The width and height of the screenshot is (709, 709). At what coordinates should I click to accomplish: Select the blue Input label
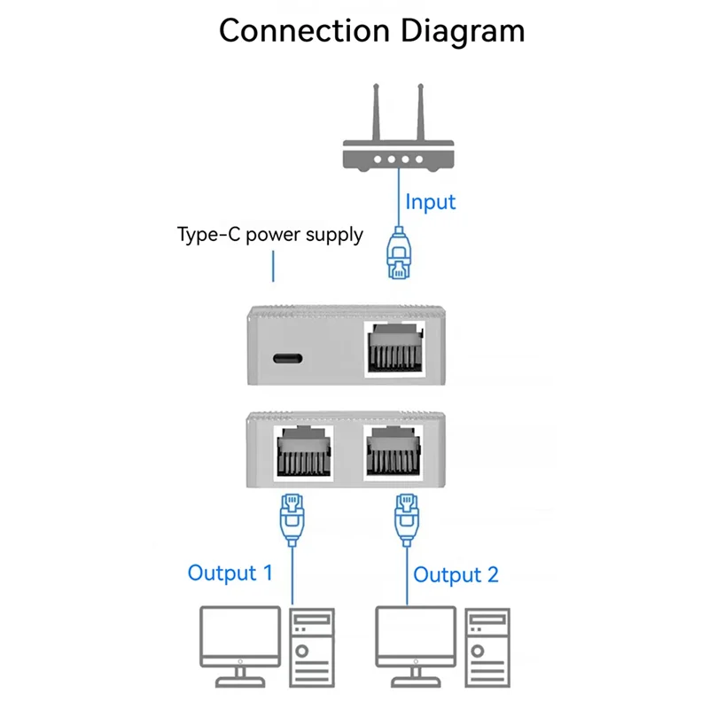pyautogui.click(x=431, y=201)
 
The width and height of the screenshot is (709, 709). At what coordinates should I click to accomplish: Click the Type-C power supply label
pyautogui.click(x=270, y=235)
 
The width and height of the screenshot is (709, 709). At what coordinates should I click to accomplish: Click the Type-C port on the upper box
pyautogui.click(x=288, y=358)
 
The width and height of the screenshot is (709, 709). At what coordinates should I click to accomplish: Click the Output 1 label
pyautogui.click(x=230, y=573)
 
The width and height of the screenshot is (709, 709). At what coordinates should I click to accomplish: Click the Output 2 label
pyautogui.click(x=456, y=574)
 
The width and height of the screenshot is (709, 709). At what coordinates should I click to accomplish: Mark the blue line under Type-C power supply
pyautogui.click(x=273, y=265)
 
